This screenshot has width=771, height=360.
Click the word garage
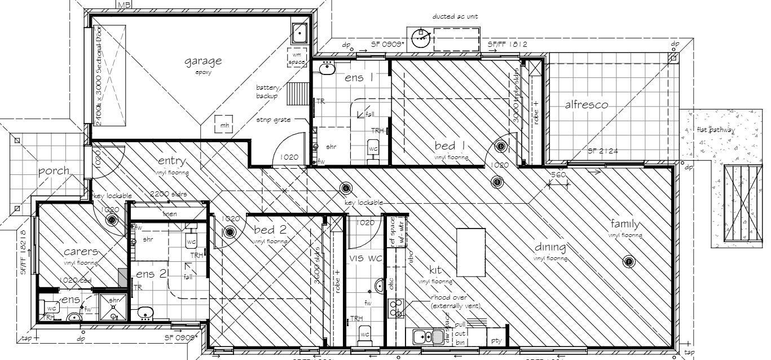[203, 61]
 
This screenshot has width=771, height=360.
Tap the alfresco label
[586, 104]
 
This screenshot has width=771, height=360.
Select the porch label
[54, 170]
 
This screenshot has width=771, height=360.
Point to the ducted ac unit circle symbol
[420, 38]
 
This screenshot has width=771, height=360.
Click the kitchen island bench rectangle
[471, 252]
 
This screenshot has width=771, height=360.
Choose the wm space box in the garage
[297, 57]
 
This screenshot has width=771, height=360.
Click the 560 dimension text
[558, 175]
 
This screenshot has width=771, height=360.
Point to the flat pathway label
[715, 130]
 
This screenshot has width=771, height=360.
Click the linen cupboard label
[169, 214]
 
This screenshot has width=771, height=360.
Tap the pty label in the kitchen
[496, 340]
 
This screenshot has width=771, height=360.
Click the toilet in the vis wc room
[365, 333]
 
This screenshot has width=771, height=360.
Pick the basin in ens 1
[326, 68]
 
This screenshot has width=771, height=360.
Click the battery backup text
[267, 92]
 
